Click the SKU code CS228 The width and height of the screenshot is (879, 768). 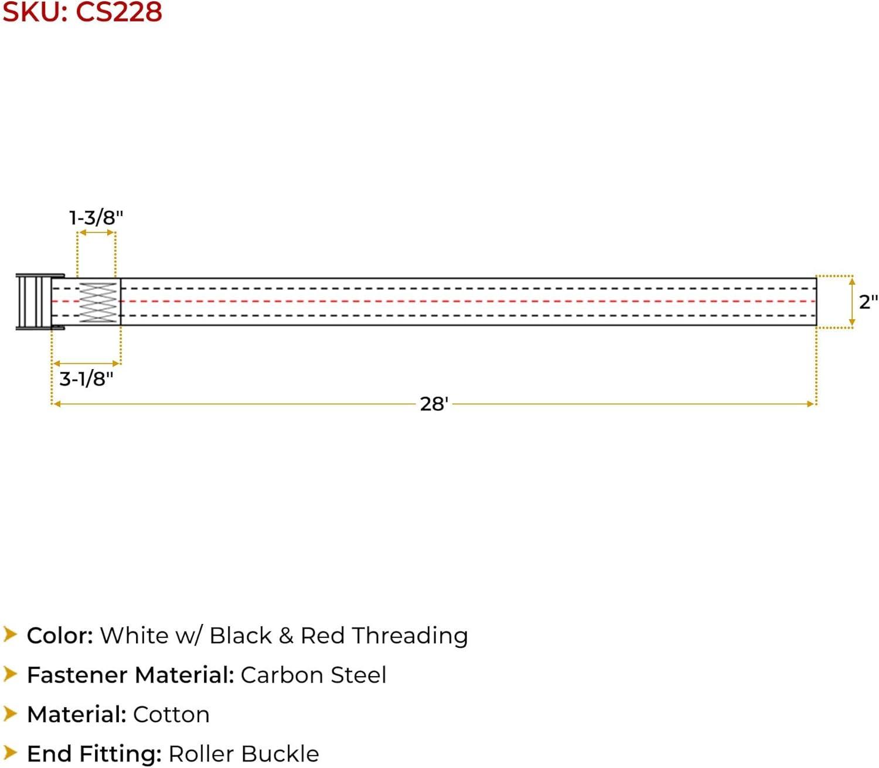click(119, 12)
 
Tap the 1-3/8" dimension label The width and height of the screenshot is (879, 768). click(96, 218)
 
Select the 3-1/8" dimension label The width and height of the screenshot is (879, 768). click(86, 379)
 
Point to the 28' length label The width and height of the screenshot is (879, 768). click(434, 404)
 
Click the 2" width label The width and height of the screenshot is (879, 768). click(868, 302)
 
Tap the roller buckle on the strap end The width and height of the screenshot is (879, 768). click(39, 302)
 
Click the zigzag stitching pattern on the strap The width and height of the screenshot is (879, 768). click(98, 302)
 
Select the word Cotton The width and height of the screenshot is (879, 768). click(172, 715)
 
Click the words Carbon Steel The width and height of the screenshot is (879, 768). click(314, 675)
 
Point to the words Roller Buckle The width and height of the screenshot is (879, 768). click(244, 754)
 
